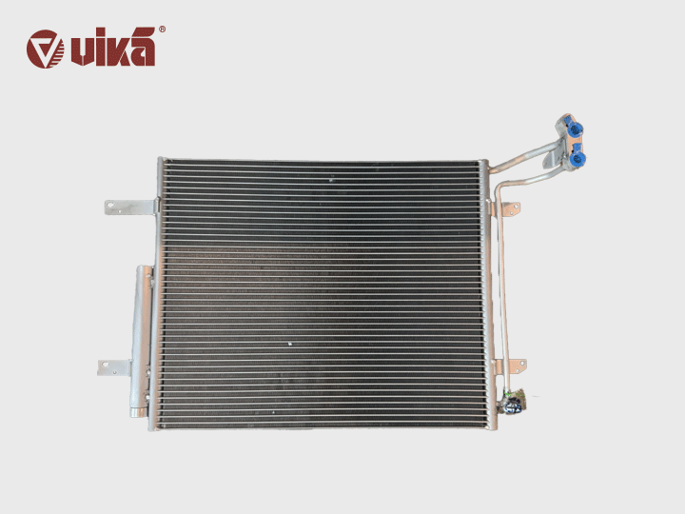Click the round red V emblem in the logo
tap(45, 49)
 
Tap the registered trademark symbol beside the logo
tap(162, 30)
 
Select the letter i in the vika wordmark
tap(99, 48)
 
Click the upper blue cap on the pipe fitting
tap(575, 128)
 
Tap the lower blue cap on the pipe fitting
tap(578, 157)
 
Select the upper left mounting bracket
tap(130, 208)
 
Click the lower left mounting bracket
tap(114, 367)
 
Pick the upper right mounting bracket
tap(509, 208)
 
